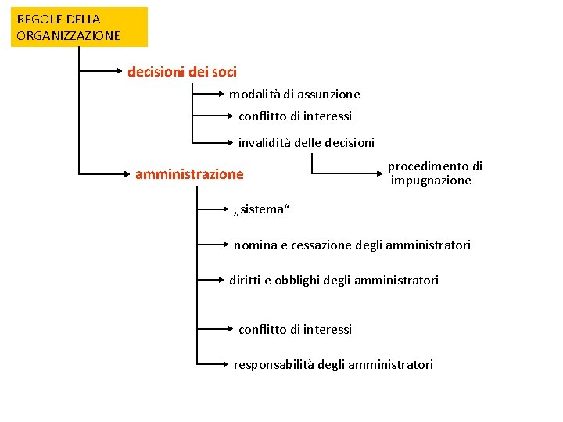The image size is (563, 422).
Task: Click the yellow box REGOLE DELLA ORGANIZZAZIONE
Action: pyautogui.click(x=79, y=27)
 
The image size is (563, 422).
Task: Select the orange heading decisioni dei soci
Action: pyautogui.click(x=182, y=72)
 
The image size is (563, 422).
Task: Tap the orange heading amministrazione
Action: pyautogui.click(x=189, y=174)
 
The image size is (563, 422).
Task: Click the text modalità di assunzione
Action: pyautogui.click(x=295, y=95)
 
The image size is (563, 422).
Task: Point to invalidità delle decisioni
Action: pyautogui.click(x=307, y=143)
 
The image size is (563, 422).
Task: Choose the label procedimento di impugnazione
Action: pyautogui.click(x=435, y=173)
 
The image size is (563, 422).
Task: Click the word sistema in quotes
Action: pyautogui.click(x=262, y=209)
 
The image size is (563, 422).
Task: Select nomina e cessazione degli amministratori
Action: pyautogui.click(x=352, y=245)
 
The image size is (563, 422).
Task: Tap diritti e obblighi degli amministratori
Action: pyautogui.click(x=334, y=280)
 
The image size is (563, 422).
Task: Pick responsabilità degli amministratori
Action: pyautogui.click(x=333, y=365)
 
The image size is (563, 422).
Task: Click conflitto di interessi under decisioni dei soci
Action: pyautogui.click(x=295, y=116)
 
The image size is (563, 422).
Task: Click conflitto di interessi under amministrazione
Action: pyautogui.click(x=295, y=330)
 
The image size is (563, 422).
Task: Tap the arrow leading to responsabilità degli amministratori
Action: pyautogui.click(x=213, y=364)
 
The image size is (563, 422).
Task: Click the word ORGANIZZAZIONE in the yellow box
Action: pyautogui.click(x=69, y=36)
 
